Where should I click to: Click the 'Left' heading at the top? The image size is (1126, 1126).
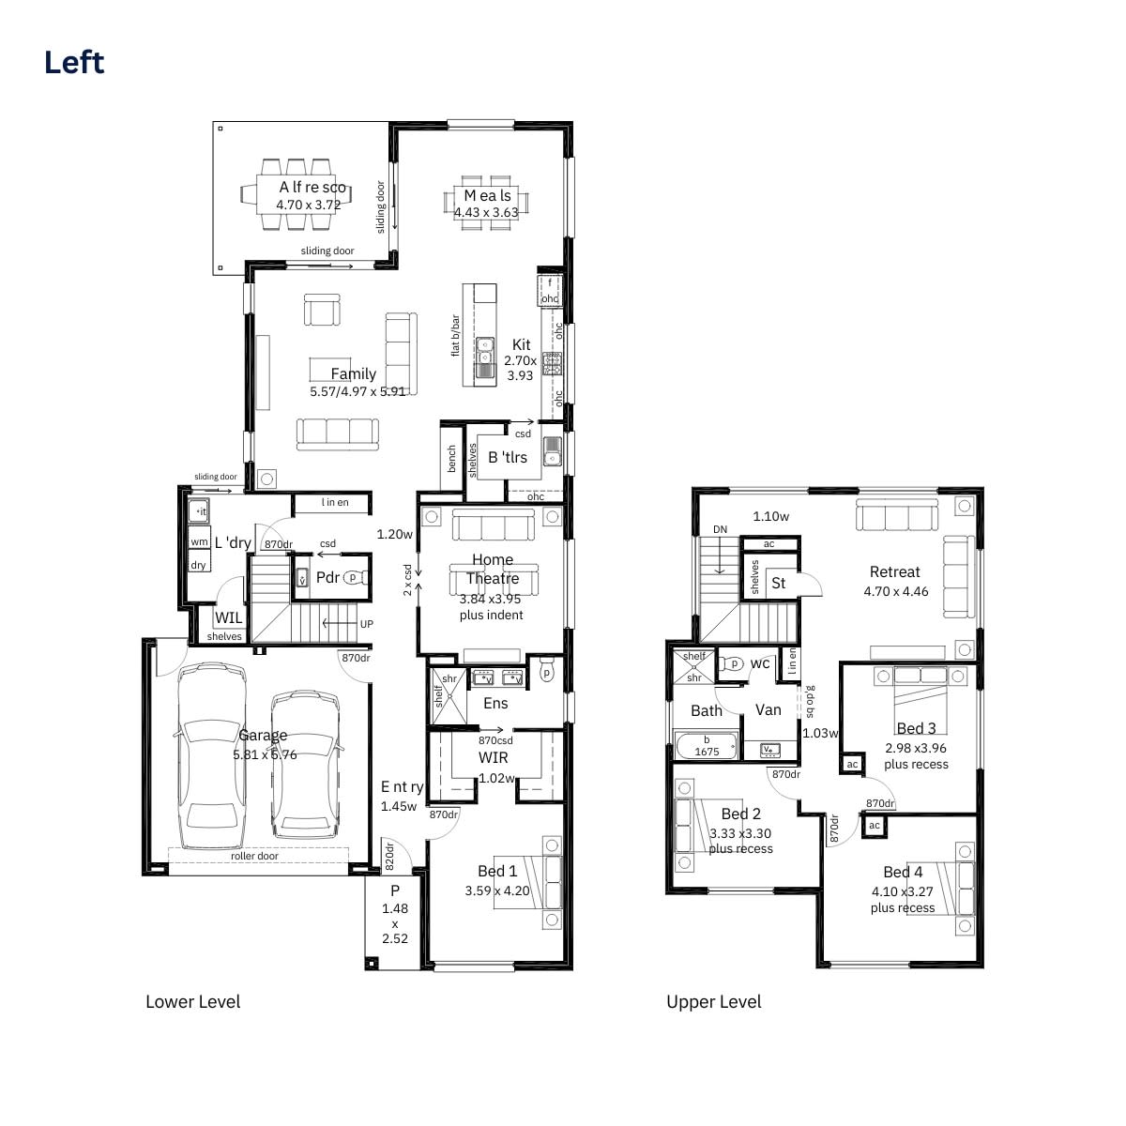tap(74, 63)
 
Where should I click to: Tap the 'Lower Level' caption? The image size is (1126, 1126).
tap(192, 1002)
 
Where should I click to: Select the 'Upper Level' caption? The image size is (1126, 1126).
tap(713, 1002)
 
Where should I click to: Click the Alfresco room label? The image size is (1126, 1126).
tap(312, 188)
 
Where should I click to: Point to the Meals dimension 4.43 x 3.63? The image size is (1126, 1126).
tap(486, 213)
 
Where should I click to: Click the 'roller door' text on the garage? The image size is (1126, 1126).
tap(254, 856)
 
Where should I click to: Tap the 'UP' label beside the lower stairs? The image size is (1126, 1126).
tap(366, 624)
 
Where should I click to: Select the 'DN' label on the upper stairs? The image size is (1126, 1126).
tap(720, 530)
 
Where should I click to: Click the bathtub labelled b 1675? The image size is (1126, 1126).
tap(707, 747)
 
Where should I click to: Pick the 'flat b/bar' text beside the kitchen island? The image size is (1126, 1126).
tap(456, 335)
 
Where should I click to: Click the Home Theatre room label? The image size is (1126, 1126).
tap(493, 569)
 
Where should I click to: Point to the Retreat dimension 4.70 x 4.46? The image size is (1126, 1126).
tap(896, 592)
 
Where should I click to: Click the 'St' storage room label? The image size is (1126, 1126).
tap(778, 584)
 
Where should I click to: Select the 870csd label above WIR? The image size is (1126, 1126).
tap(495, 740)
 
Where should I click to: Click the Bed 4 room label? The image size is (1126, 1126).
tap(903, 873)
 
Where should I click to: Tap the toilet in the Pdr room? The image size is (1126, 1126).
tap(354, 578)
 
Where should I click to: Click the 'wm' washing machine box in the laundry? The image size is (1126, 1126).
tap(199, 542)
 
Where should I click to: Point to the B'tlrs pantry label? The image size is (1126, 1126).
tap(508, 458)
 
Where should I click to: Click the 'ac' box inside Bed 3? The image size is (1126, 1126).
tap(852, 765)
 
